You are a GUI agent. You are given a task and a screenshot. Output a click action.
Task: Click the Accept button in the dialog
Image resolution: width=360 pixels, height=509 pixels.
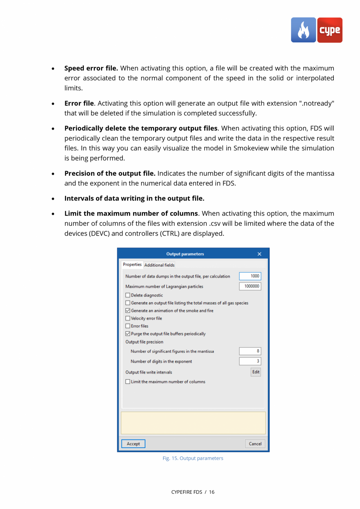click(133, 444)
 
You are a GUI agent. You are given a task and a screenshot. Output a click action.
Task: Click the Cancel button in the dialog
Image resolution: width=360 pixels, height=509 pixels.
click(255, 444)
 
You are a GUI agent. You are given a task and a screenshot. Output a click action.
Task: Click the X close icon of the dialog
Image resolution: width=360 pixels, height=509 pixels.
click(259, 254)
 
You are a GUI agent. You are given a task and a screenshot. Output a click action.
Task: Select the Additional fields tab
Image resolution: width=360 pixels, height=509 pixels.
click(159, 265)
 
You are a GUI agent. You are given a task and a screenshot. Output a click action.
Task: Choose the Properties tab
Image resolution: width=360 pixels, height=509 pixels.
click(132, 265)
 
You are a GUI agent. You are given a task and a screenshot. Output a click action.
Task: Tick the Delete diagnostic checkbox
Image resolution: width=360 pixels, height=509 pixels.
click(128, 295)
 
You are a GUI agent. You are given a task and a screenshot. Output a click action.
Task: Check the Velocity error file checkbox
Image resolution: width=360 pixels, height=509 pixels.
click(128, 318)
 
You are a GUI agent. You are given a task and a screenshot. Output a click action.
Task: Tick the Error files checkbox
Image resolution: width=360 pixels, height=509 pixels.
click(128, 326)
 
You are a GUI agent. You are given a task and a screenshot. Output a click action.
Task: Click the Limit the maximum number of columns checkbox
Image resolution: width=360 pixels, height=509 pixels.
click(128, 382)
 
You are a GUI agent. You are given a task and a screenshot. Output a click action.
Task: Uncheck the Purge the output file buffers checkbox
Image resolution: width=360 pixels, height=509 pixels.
click(128, 334)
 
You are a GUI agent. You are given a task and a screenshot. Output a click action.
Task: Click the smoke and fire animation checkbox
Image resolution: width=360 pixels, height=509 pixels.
click(128, 311)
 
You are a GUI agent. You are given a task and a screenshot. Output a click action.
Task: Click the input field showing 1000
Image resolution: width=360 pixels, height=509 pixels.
click(250, 276)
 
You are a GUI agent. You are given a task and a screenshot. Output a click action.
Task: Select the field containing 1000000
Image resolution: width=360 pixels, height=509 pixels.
click(250, 286)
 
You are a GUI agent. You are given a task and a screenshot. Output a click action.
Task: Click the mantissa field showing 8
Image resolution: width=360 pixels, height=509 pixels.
click(250, 351)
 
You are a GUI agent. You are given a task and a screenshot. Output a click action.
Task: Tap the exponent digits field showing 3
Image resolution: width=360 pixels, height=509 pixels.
click(250, 361)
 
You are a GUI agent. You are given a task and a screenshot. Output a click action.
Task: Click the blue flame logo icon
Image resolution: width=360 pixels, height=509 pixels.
click(303, 30)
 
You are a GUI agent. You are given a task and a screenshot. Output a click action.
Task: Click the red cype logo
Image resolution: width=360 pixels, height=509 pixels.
click(329, 30)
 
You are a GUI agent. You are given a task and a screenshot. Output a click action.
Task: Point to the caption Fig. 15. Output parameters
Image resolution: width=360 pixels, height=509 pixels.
click(193, 458)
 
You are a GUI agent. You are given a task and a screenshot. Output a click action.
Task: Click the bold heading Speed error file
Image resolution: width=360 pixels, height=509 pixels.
click(91, 68)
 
